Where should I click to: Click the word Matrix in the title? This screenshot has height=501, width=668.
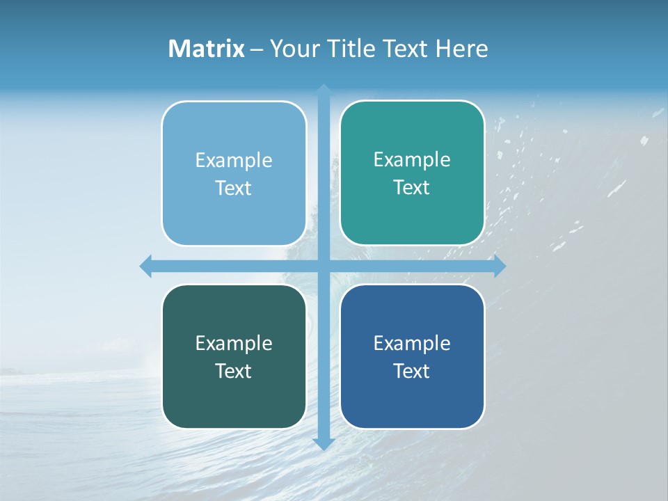click(x=207, y=49)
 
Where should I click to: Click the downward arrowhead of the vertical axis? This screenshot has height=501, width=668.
click(x=324, y=443)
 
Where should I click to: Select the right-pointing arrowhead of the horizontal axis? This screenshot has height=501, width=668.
click(x=499, y=266)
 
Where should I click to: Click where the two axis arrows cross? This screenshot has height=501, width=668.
click(x=324, y=266)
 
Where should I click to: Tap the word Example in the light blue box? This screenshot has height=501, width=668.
click(x=234, y=161)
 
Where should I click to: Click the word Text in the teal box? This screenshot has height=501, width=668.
click(x=412, y=188)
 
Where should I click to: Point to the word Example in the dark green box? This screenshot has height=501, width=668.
click(x=234, y=343)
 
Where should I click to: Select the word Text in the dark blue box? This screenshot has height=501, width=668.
click(x=412, y=371)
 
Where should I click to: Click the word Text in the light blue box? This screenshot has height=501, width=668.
click(x=234, y=189)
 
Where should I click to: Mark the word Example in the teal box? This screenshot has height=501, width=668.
click(x=412, y=160)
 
